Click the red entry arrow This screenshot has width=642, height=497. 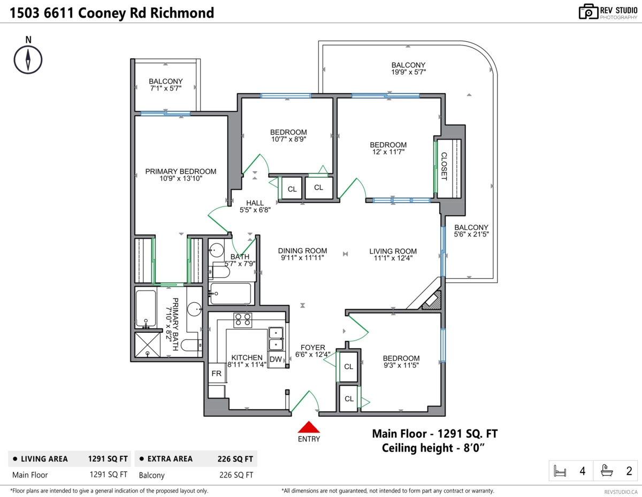309,427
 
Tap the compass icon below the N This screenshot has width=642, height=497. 28,60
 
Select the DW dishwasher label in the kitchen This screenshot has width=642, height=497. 276,360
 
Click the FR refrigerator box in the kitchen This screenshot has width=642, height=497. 217,373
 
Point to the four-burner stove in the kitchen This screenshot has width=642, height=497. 243,320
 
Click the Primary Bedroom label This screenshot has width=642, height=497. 180,171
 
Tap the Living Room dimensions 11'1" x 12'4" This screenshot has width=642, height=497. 393,258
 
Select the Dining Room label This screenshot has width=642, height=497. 302,250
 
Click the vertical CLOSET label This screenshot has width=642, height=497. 444,166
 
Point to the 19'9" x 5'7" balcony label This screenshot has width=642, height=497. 409,72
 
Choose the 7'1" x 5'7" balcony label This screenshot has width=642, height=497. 166,88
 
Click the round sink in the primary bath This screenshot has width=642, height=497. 194,309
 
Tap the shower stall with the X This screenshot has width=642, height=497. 148,345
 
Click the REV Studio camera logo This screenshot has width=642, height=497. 588,12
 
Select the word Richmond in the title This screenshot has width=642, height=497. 182,13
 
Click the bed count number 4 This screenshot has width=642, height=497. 582,471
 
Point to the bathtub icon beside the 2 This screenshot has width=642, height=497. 607,470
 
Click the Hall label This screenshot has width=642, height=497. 255,203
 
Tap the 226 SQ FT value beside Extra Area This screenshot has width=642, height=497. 235,459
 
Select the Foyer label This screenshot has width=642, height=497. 313,347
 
